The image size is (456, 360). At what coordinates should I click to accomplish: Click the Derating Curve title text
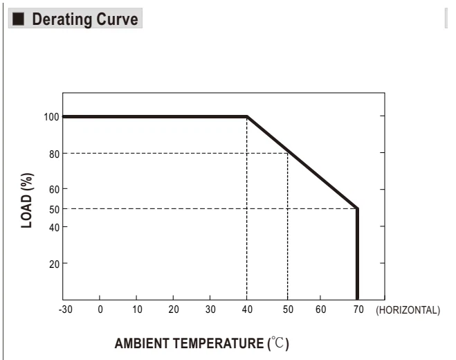[85, 19]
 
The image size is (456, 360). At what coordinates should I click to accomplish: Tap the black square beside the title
[18, 19]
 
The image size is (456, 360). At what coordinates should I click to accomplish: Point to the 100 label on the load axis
[51, 117]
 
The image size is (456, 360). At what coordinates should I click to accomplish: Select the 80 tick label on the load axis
[55, 154]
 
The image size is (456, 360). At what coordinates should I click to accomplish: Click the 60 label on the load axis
[55, 190]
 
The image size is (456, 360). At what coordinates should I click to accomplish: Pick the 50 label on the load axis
[55, 209]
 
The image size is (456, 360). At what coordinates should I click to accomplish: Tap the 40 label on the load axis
[55, 227]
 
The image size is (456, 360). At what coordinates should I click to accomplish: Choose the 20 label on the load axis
[55, 264]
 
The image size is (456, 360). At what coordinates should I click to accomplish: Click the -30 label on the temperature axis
[66, 309]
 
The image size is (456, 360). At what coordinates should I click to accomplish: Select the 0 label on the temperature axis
[100, 309]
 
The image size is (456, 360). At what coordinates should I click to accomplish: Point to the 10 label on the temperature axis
[137, 309]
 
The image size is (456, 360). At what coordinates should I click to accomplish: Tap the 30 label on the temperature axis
[210, 309]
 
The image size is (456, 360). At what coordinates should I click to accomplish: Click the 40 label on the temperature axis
[247, 309]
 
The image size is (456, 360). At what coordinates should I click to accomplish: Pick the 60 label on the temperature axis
[321, 309]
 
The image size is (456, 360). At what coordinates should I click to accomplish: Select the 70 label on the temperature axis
[358, 309]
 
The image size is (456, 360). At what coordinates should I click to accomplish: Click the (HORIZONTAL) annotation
[408, 310]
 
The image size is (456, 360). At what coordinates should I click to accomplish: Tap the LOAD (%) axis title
[27, 201]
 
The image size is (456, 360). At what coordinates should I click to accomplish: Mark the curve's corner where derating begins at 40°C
[247, 117]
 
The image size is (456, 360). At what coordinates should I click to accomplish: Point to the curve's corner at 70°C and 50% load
[358, 208]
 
